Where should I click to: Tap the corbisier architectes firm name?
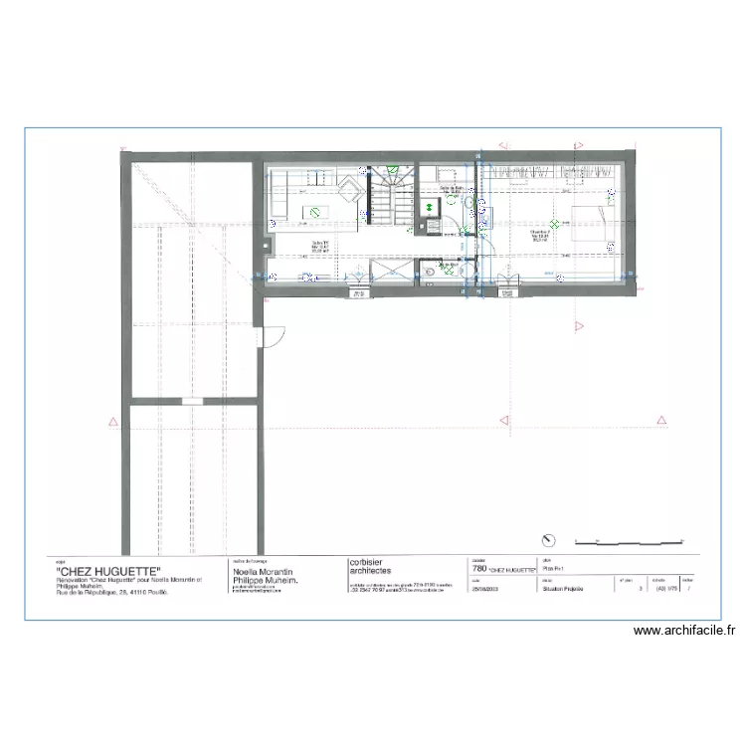pyautogui.click(x=377, y=567)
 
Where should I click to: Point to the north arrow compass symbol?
pyautogui.click(x=547, y=540)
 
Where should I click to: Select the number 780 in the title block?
pyautogui.click(x=477, y=572)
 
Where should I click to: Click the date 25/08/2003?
pyautogui.click(x=481, y=589)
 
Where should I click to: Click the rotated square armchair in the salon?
pyautogui.click(x=350, y=189)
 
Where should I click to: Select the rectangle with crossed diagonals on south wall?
pyautogui.click(x=386, y=273)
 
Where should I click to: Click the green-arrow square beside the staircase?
pyautogui.click(x=430, y=208)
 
